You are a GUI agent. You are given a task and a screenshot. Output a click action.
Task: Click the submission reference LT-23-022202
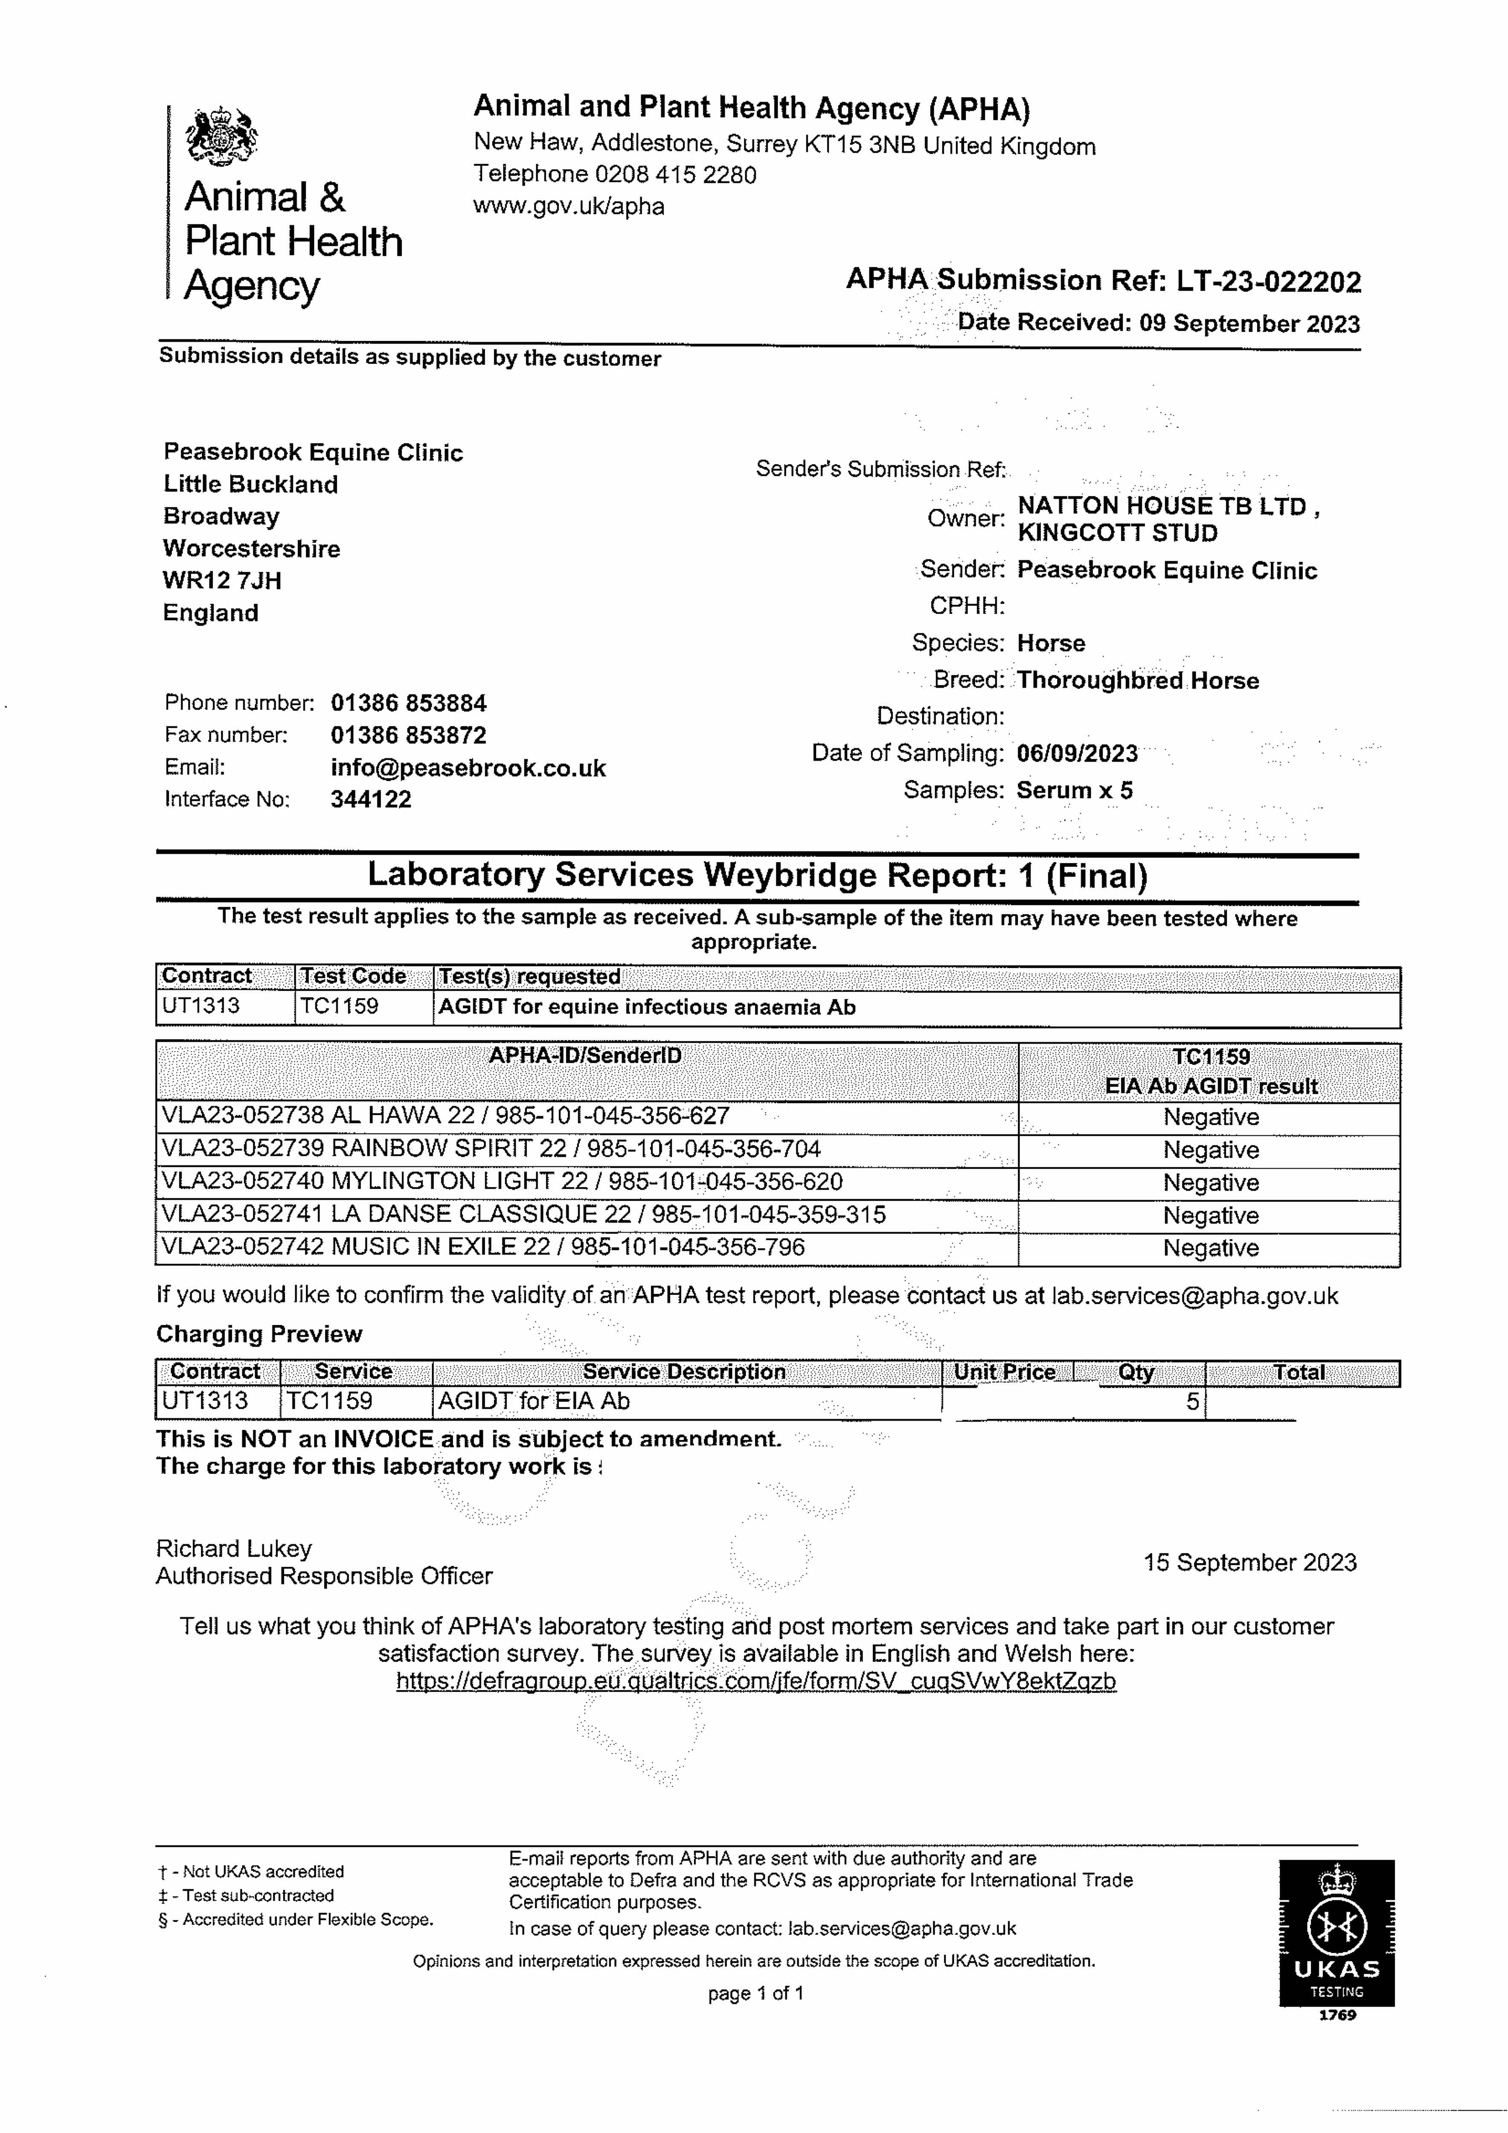point(1268,281)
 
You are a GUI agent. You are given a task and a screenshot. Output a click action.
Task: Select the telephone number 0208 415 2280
point(675,174)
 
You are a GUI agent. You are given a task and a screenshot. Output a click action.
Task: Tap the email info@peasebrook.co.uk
point(468,768)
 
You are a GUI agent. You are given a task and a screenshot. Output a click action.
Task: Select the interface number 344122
point(371,800)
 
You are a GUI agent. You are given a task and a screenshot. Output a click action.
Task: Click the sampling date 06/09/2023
point(1076,753)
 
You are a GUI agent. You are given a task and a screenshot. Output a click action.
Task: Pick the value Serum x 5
point(1074,790)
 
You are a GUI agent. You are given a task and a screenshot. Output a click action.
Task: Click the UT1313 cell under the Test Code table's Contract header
point(200,1006)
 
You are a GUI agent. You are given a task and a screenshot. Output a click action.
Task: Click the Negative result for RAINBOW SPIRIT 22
point(1210,1150)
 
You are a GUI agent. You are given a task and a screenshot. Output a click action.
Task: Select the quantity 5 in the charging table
point(1192,1402)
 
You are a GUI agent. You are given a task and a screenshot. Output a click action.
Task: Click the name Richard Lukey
point(234,1549)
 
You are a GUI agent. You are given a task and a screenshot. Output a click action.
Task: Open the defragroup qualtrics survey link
point(755,1682)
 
